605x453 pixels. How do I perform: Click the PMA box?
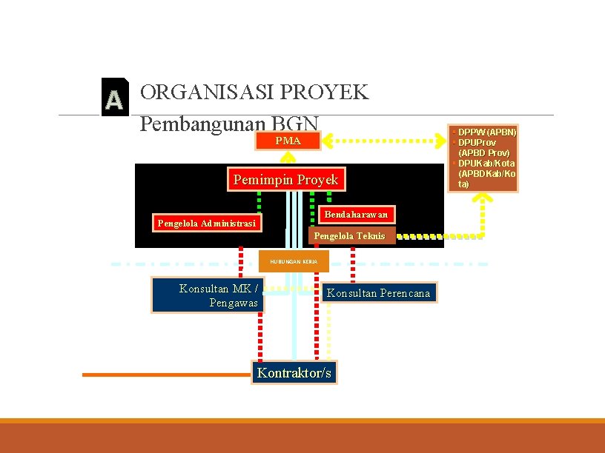tap(288, 141)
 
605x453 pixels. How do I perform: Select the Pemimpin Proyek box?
tap(285, 180)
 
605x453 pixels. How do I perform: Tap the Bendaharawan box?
tap(356, 214)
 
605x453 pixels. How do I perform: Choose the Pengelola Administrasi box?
tap(206, 223)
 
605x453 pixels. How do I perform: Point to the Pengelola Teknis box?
tap(351, 235)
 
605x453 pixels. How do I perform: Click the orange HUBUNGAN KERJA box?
tap(294, 261)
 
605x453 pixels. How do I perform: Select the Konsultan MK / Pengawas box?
tap(207, 295)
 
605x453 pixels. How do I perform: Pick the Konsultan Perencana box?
tap(378, 293)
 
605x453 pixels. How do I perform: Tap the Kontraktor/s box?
tap(294, 372)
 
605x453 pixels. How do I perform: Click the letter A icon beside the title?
tap(113, 98)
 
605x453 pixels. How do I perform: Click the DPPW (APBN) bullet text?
tap(486, 132)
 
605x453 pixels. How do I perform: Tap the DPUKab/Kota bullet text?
tap(486, 163)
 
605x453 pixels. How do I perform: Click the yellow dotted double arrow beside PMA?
tap(385, 139)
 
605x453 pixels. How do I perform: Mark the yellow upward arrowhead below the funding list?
tap(483, 198)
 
